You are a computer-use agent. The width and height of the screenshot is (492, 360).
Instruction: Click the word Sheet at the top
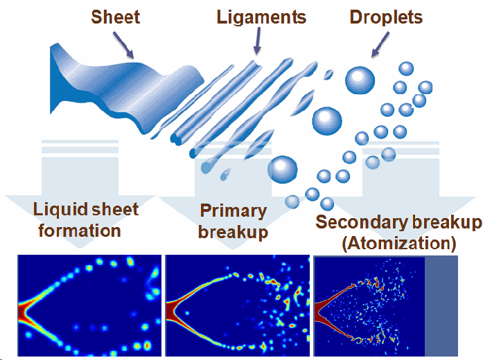(116, 16)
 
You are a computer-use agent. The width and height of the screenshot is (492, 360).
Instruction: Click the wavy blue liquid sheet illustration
(118, 87)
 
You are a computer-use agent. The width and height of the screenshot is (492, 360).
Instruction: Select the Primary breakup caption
(233, 221)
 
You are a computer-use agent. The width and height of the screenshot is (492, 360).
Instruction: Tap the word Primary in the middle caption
(233, 210)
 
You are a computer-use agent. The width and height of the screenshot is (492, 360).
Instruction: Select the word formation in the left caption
(80, 231)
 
